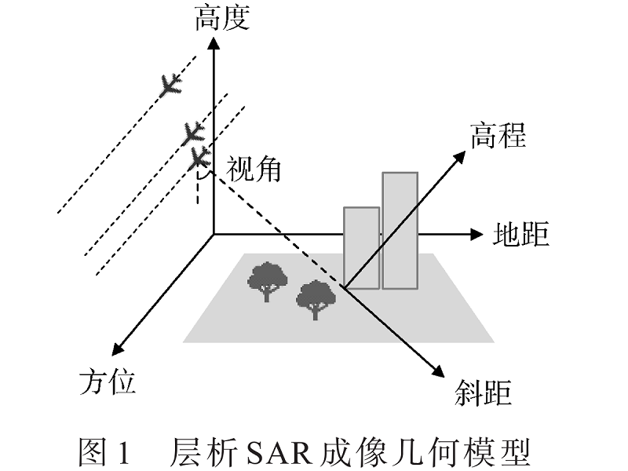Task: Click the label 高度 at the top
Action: pos(222,17)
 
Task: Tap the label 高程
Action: pos(498,136)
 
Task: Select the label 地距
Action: pos(521,234)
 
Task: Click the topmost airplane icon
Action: pos(168,84)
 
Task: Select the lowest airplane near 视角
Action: pos(199,159)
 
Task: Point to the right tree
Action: pos(315,298)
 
